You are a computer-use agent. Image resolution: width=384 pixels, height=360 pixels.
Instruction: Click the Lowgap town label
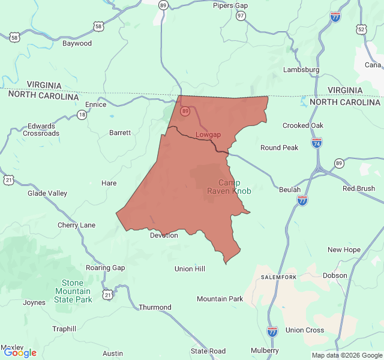click(208, 134)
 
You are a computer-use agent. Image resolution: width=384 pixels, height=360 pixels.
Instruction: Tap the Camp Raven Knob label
click(229, 187)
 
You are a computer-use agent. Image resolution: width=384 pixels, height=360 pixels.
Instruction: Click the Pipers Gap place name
click(230, 5)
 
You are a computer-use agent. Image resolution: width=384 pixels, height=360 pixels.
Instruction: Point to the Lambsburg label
click(301, 70)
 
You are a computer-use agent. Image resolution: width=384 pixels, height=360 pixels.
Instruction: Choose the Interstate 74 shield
click(317, 143)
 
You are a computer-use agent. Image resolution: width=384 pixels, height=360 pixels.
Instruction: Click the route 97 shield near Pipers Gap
click(241, 16)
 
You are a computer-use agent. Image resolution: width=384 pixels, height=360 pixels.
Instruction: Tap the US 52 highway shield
click(361, 29)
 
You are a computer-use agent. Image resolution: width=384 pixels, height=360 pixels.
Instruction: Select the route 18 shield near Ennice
click(82, 115)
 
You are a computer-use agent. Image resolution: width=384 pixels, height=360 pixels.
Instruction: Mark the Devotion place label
click(164, 235)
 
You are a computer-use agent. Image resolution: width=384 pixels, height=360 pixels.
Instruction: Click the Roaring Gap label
click(106, 268)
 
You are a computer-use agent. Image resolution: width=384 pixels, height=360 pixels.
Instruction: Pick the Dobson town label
click(335, 275)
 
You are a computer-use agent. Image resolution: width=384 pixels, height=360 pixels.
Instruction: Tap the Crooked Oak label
click(303, 125)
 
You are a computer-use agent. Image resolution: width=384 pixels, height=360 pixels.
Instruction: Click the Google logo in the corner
click(20, 353)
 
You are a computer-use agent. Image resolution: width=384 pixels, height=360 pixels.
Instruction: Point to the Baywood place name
click(77, 43)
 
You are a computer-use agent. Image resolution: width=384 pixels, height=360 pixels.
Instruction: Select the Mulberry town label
click(265, 350)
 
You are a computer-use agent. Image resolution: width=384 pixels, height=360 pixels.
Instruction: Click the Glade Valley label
click(47, 193)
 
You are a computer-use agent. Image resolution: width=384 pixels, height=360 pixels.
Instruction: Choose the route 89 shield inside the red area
click(185, 111)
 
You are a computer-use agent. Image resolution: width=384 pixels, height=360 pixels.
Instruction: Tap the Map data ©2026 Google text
click(346, 355)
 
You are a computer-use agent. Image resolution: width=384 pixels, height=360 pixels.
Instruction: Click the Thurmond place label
click(155, 307)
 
